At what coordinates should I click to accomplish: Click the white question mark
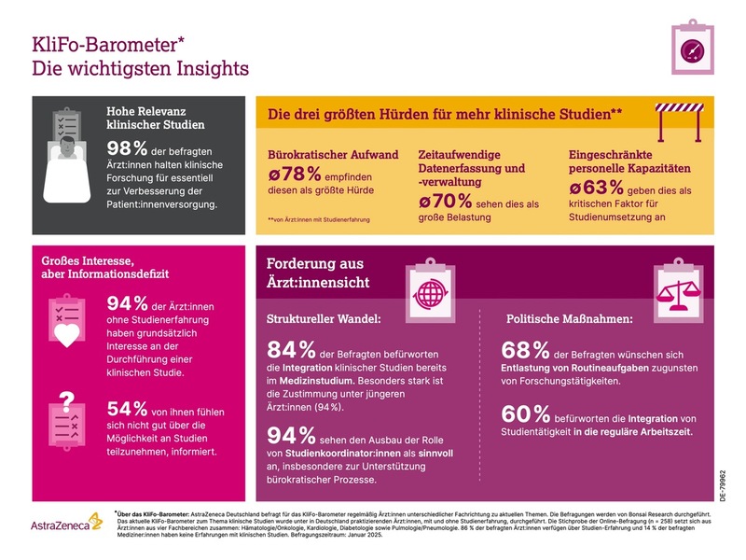65,401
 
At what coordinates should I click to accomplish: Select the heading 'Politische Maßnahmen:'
567,319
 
